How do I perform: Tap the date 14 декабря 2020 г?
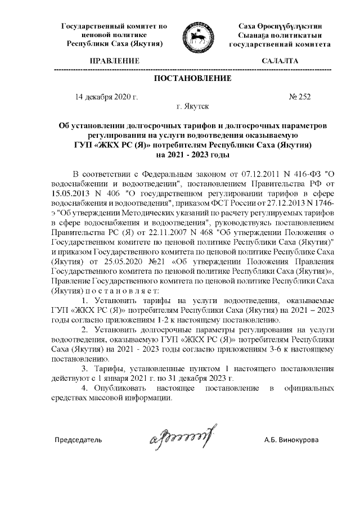[x=106, y=96]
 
